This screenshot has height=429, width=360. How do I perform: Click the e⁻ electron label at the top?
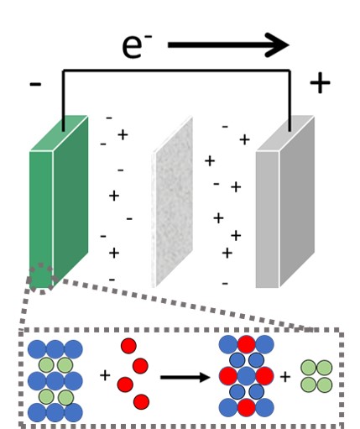pos(137,46)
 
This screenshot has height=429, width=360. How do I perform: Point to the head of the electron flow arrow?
pos(288,45)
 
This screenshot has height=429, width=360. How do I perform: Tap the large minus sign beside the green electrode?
pos(35,84)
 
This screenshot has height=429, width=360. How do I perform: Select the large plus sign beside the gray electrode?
pos(320,83)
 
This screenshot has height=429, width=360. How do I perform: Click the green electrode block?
pos(59,201)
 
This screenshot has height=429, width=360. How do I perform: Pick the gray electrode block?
pos(285,201)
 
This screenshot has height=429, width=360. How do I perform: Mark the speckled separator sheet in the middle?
pos(172,201)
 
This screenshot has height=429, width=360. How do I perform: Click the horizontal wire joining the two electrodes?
pos(177,71)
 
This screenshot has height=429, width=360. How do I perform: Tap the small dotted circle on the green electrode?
pos(42,279)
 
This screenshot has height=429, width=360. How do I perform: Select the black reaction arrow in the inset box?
pos(185,377)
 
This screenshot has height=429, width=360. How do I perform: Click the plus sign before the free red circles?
pos(105,375)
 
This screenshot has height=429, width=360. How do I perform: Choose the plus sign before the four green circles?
pos(285,377)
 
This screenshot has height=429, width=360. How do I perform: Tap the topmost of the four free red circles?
pos(128,346)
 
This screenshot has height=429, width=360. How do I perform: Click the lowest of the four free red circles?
pos(141,402)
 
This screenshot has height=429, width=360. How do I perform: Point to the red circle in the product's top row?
pos(247,344)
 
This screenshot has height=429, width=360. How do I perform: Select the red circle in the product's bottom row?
pos(247,408)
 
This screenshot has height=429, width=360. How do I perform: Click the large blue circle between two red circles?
pos(247,376)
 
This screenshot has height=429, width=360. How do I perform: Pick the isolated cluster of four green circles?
pos(316,376)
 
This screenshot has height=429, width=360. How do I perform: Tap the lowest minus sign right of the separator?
pos(225,284)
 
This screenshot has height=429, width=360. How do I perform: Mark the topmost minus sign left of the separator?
pos(109,118)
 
